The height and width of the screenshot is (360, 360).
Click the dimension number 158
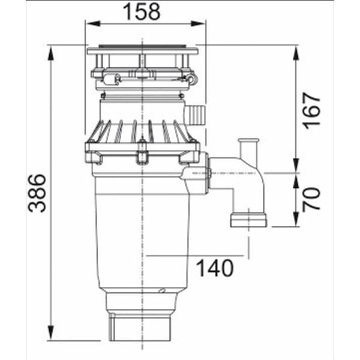(142, 11)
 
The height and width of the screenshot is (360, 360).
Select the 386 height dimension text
(37, 193)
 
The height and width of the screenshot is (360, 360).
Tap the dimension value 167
(311, 111)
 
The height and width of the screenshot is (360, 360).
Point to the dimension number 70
(311, 199)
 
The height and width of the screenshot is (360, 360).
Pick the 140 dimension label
(215, 268)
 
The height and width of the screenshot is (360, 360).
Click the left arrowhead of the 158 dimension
(93, 23)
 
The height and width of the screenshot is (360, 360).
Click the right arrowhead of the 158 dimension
(198, 23)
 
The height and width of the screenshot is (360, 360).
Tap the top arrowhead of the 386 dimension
(51, 53)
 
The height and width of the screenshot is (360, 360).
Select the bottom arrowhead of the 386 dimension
(51, 333)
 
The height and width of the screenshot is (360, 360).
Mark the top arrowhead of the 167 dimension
(296, 53)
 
